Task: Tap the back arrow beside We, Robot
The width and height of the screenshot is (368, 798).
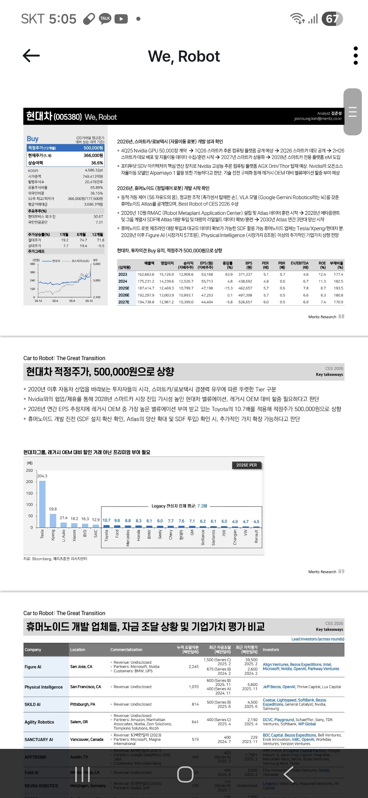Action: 31,56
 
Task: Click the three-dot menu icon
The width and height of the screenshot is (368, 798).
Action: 356,56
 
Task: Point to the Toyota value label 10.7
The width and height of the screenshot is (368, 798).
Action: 106,520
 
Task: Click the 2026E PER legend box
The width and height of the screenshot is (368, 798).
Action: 247,465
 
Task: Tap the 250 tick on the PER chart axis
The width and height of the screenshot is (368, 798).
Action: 30,471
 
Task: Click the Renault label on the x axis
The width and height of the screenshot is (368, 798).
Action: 256,536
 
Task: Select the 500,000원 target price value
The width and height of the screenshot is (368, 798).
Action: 93,148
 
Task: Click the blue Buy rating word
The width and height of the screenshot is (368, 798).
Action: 33,138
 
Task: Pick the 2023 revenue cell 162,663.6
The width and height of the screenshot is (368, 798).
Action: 146,275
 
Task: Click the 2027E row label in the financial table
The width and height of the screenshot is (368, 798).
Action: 124,302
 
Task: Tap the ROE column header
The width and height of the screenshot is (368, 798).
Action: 322,265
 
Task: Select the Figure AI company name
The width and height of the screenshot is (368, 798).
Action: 33,667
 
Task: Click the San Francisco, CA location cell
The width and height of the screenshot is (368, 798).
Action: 86,687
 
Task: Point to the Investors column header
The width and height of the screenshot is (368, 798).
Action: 271,650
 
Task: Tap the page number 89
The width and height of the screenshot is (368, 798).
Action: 341,572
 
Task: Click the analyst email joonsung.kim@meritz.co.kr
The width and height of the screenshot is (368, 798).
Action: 318,119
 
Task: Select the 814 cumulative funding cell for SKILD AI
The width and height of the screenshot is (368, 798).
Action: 195,704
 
